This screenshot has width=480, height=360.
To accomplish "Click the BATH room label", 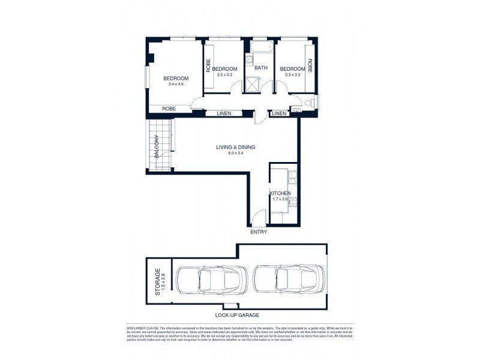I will pyautogui.click(x=261, y=68).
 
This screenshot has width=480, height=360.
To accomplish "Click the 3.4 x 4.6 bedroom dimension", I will pyautogui.click(x=176, y=85).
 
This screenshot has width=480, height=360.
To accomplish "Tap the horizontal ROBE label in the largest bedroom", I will pyautogui.click(x=169, y=109).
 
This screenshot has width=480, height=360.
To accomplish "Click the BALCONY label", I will pyautogui.click(x=155, y=146).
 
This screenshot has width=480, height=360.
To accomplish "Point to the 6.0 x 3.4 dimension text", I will pyautogui.click(x=236, y=154).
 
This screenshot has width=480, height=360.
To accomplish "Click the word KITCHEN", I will pyautogui.click(x=280, y=193).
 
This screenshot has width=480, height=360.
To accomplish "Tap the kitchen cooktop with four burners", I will pyautogui.click(x=292, y=202).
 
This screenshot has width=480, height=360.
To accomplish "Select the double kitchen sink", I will pyautogui.click(x=292, y=177).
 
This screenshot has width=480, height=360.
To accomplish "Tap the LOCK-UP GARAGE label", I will pyautogui.click(x=238, y=315).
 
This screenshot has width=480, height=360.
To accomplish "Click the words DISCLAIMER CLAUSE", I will pyautogui.click(x=145, y=327).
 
